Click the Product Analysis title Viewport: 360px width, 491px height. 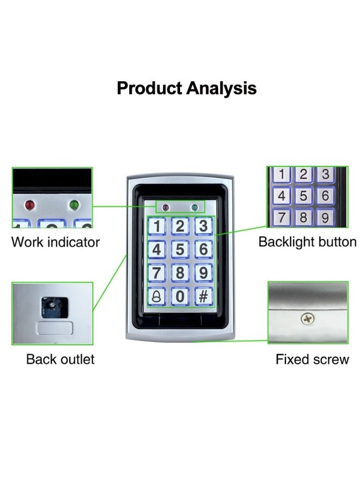187,88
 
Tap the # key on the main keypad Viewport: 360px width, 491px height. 203,296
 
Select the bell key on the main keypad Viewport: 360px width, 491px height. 157,296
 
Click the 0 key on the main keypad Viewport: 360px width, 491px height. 180,296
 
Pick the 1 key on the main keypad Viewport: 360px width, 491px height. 157,226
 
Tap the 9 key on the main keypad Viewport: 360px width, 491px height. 203,272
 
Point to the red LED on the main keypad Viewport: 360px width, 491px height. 165,207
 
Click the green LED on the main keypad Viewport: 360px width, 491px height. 195,207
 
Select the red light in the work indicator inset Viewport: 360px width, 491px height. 30,205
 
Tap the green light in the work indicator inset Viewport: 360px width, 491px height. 74,205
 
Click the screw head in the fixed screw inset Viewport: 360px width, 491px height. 308,319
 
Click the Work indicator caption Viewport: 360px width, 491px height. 56,242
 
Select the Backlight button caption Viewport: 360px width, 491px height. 308,242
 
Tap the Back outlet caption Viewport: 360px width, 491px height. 60,359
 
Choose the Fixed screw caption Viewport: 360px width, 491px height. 312,359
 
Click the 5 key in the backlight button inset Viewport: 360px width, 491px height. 303,196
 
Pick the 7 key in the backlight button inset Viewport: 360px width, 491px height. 281,217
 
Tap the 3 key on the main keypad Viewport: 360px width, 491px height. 203,226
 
